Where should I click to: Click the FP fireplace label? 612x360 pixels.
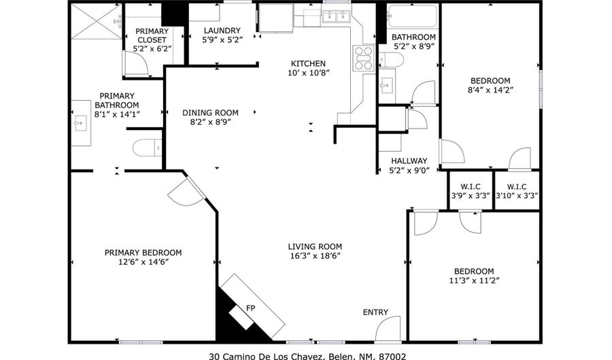(x=250, y=309)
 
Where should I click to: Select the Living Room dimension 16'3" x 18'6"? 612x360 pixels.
(x=314, y=256)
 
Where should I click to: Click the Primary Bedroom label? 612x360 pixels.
(x=143, y=252)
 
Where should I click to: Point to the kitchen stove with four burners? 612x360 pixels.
(x=363, y=59)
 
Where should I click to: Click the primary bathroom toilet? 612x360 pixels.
(x=146, y=147)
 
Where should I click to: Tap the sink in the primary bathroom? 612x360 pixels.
(x=80, y=124)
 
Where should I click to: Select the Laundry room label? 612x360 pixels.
(x=221, y=31)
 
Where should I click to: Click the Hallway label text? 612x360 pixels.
(x=409, y=161)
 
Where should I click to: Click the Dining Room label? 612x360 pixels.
(x=210, y=113)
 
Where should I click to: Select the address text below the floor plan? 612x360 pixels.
(x=307, y=355)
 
